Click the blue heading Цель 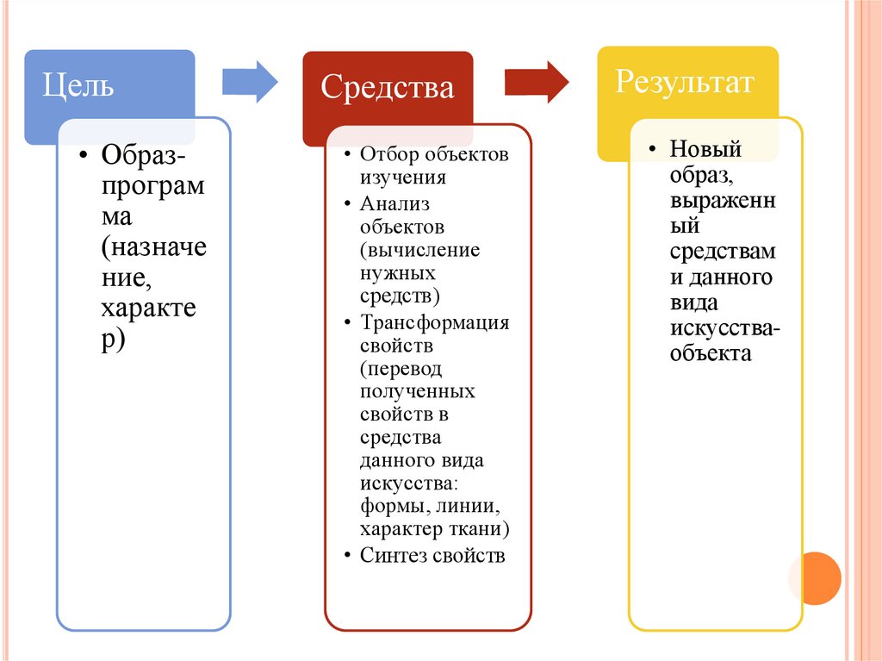[x=79, y=87]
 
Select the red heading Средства [x=387, y=87]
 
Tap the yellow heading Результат [x=685, y=83]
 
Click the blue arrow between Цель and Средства [x=250, y=82]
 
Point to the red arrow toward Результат [x=536, y=82]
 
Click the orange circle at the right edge [x=814, y=578]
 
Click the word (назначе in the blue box [x=154, y=249]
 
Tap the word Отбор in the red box [x=388, y=155]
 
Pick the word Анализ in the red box [x=395, y=204]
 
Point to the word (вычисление [x=420, y=251]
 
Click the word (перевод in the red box [x=401, y=369]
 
